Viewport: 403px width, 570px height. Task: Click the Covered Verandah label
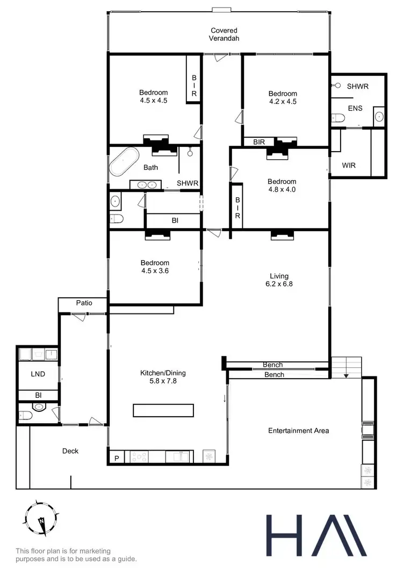click(x=224, y=34)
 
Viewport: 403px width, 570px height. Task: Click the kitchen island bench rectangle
click(x=163, y=410)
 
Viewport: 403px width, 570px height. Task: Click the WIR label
click(x=349, y=165)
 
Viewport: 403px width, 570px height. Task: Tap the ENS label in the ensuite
click(x=355, y=108)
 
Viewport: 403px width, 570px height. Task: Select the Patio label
click(x=83, y=303)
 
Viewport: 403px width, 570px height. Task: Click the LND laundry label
click(x=37, y=374)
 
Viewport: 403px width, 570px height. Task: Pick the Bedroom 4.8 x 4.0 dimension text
click(x=282, y=189)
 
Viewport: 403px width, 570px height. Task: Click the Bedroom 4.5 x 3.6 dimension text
click(x=155, y=270)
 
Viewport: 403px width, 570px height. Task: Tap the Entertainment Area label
click(x=298, y=430)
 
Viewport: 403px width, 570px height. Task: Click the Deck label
click(x=70, y=451)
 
